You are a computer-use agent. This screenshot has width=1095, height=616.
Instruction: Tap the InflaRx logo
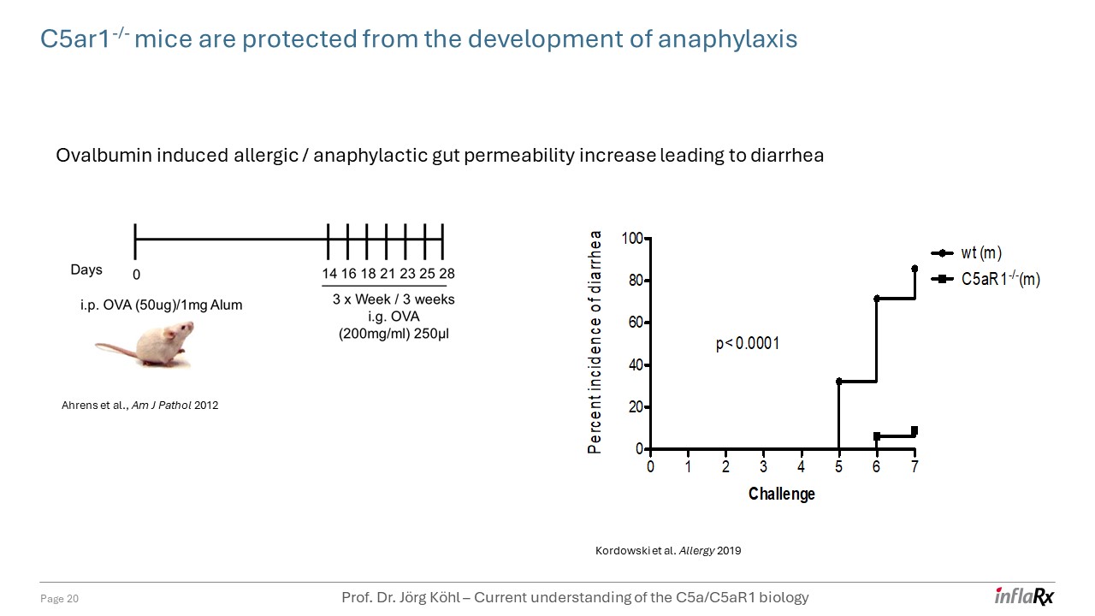click(1024, 596)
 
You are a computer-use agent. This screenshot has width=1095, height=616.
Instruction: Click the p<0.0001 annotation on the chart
click(747, 344)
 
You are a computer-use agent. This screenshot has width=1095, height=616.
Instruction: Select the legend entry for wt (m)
click(980, 253)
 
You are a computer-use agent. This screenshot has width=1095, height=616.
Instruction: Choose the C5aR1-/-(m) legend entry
click(1000, 279)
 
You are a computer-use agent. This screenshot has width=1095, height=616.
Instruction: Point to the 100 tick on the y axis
click(632, 238)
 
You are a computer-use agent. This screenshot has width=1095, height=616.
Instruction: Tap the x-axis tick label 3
click(763, 467)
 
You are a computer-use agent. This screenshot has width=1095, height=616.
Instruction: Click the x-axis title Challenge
click(781, 494)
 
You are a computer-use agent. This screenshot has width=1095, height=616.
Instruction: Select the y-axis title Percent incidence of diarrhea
click(595, 341)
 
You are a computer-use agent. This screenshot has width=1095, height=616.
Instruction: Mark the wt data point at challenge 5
click(839, 382)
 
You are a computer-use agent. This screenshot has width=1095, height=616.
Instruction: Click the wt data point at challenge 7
click(914, 269)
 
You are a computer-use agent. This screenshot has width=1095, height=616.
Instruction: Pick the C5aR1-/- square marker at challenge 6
click(877, 436)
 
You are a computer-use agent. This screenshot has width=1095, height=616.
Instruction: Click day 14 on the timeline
click(329, 274)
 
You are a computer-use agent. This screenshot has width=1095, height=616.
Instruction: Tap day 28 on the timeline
click(446, 274)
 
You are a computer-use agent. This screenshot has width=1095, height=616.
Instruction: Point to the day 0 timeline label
click(136, 275)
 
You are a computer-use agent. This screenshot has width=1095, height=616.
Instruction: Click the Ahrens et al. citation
click(139, 406)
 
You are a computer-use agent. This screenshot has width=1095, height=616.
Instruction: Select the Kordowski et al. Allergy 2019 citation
click(667, 551)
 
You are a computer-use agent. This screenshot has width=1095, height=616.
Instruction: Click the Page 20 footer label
click(60, 599)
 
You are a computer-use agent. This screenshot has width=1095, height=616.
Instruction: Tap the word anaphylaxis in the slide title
click(727, 39)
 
